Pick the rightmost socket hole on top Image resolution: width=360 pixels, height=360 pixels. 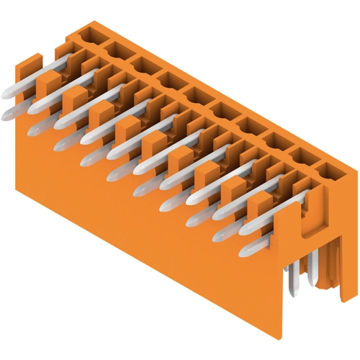[x=327, y=171]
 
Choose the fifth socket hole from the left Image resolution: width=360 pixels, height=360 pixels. [x=197, y=94]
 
